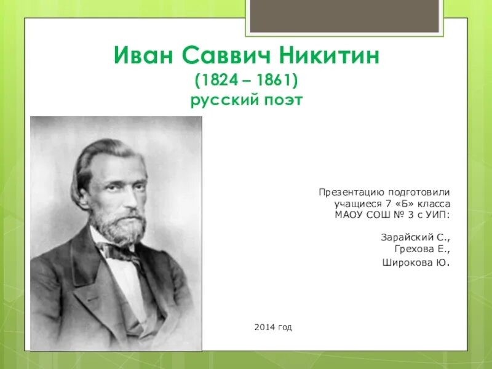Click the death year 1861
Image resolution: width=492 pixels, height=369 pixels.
tap(274, 81)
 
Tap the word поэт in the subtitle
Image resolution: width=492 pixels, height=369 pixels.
tap(281, 100)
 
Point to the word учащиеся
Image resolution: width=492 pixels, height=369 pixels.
tap(354, 204)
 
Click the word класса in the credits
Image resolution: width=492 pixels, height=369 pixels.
tap(434, 204)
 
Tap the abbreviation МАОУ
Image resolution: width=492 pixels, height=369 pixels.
tap(348, 214)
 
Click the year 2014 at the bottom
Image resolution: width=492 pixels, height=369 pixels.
tap(263, 327)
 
